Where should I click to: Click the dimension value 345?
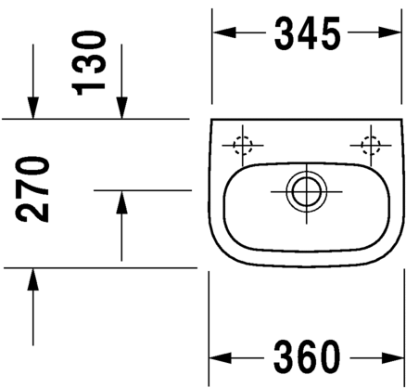[x=308, y=33]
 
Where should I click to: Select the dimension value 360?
[x=307, y=357]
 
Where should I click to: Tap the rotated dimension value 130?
[x=89, y=63]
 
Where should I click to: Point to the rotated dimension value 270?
[x=32, y=189]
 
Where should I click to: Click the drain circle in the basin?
[x=306, y=192]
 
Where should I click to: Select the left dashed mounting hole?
[x=243, y=145]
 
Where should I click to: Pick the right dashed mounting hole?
[x=371, y=145]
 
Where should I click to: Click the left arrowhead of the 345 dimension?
[x=224, y=32]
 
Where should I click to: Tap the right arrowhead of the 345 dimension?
[x=390, y=32]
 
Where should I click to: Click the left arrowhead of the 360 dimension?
[x=221, y=358]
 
